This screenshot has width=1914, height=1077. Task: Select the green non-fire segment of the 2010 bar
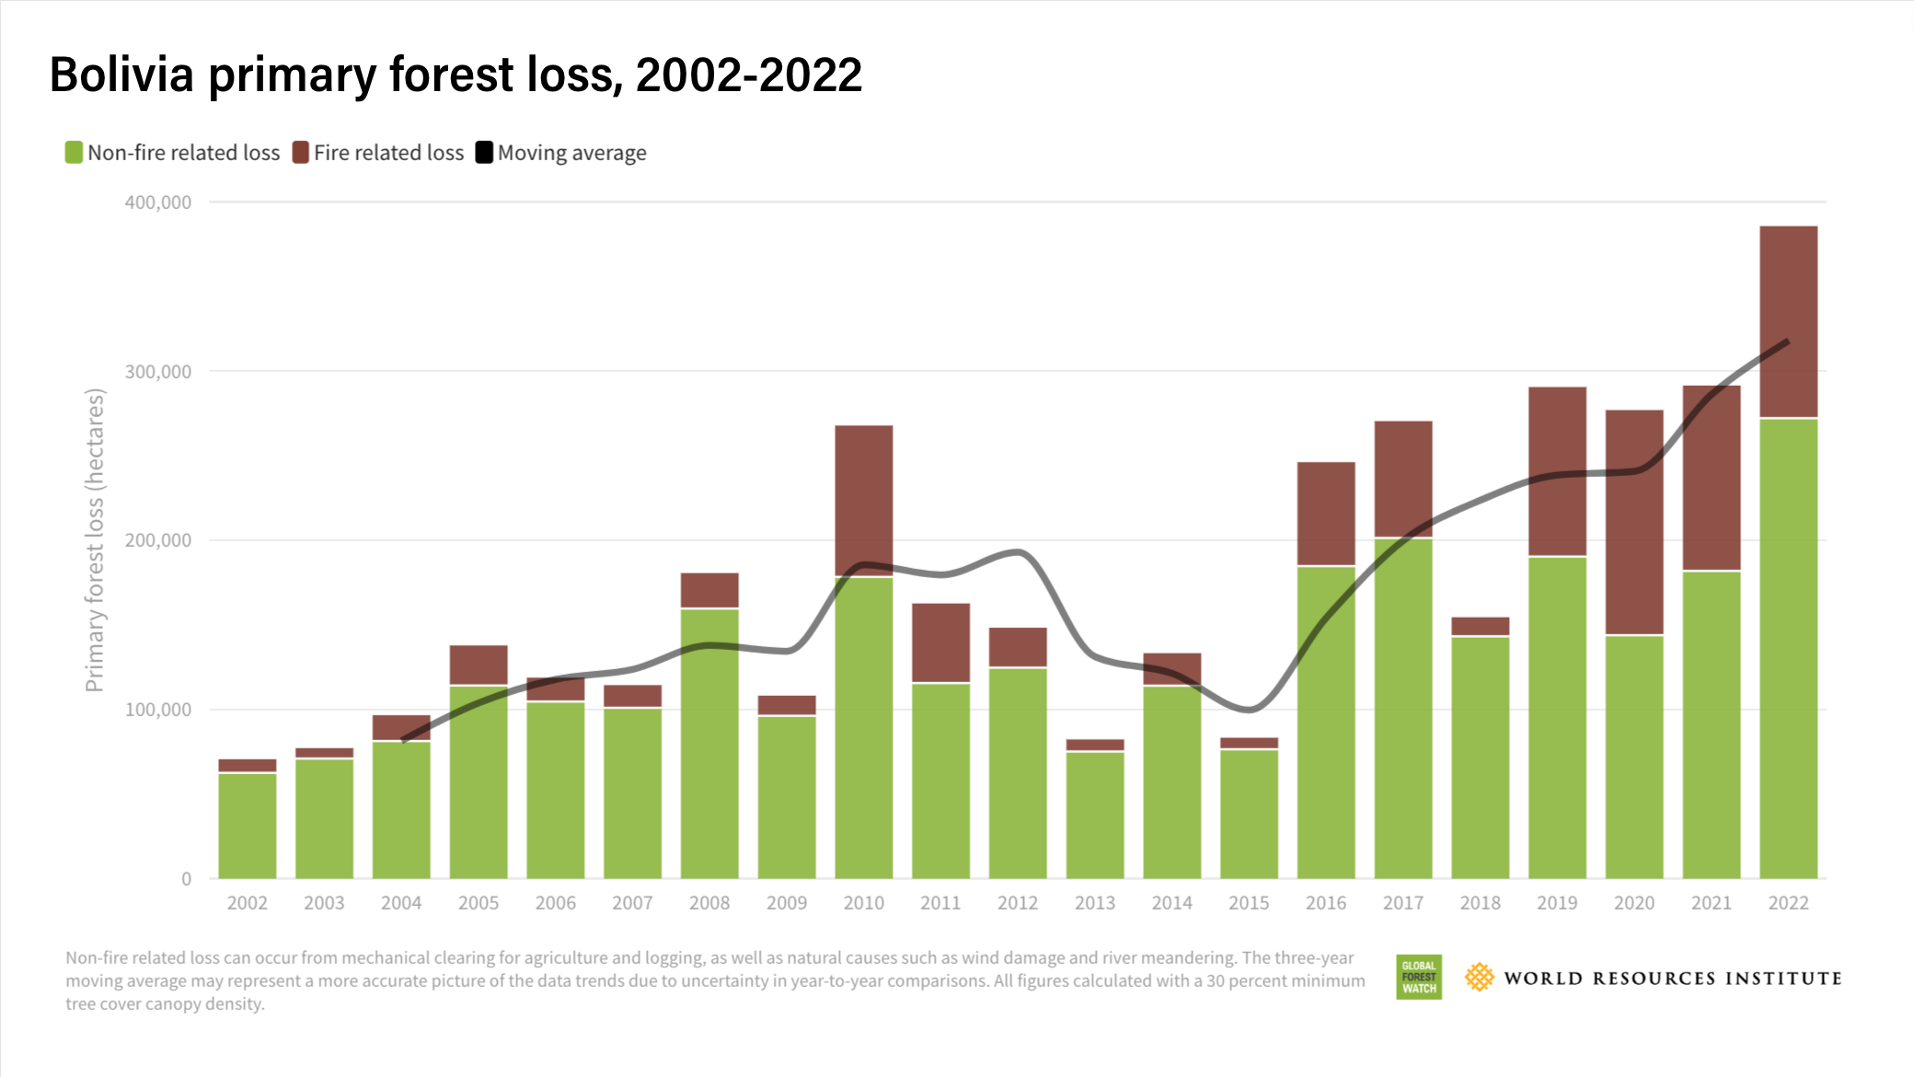[863, 727]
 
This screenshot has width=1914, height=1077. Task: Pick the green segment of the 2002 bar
[247, 826]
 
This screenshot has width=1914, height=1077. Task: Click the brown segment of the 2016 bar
[1326, 513]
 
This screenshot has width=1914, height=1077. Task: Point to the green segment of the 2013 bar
[1095, 815]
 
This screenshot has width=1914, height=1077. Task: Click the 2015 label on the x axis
[1249, 903]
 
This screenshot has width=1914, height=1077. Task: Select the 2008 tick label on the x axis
[709, 903]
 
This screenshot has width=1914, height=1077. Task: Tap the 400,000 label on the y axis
[158, 203]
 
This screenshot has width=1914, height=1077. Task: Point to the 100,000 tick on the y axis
[158, 710]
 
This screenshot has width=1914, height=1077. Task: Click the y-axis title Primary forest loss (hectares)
[95, 539]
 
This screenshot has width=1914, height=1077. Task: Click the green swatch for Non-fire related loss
[74, 152]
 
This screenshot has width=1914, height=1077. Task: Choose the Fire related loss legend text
[388, 153]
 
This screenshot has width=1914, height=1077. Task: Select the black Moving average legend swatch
[484, 152]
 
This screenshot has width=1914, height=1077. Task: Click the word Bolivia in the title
[121, 75]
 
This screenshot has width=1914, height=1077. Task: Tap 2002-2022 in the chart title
[748, 75]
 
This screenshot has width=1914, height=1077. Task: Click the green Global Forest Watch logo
[1418, 977]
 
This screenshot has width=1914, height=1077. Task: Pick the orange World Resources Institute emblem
[1479, 977]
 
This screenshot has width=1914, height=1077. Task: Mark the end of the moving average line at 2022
[1787, 342]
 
